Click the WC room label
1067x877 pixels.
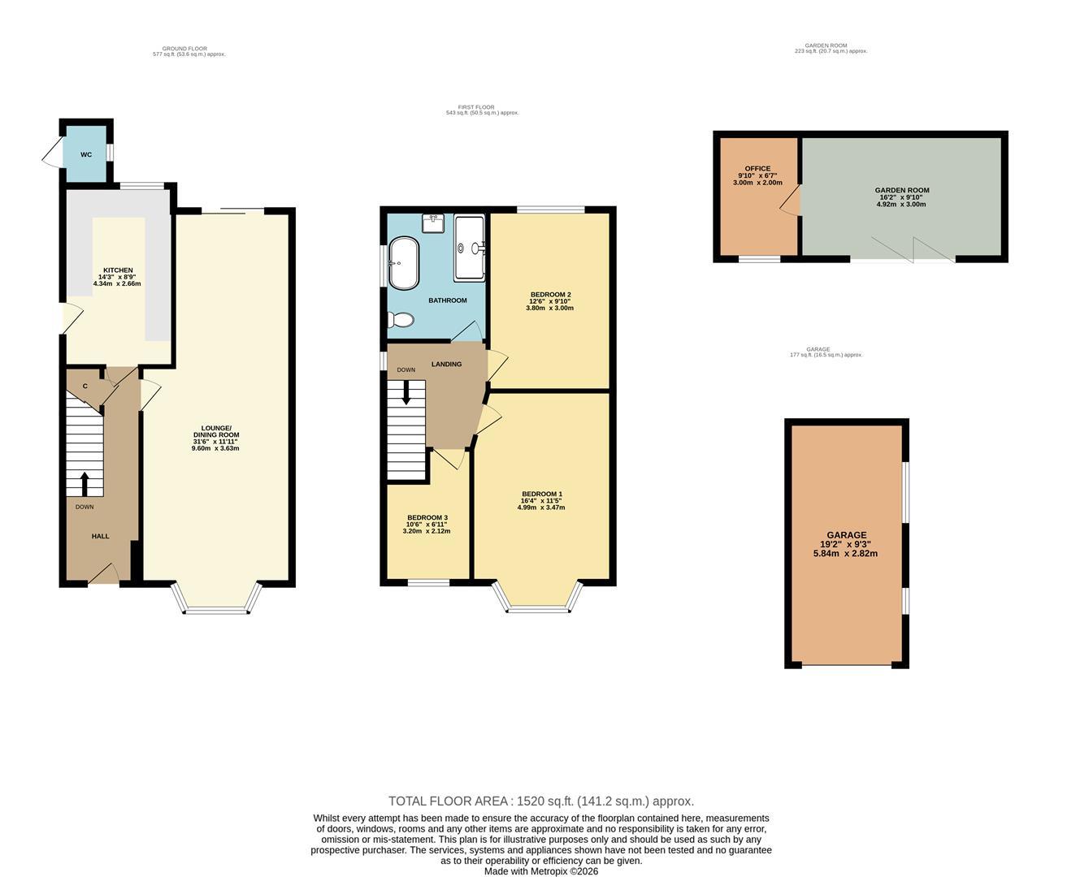[86, 154]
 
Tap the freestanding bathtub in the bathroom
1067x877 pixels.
[404, 263]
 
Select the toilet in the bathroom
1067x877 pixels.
[401, 322]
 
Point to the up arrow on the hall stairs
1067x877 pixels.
[85, 484]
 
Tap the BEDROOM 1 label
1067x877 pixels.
[541, 495]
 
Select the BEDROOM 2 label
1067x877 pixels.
[550, 295]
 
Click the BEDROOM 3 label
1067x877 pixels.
[427, 518]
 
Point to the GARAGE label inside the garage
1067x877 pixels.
[846, 536]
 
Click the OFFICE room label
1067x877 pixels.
[757, 169]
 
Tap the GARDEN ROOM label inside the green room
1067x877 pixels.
[901, 191]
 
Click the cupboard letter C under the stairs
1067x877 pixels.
[85, 387]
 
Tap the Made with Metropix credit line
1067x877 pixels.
[540, 871]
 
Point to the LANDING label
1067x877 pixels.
[446, 364]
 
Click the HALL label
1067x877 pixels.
[100, 536]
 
